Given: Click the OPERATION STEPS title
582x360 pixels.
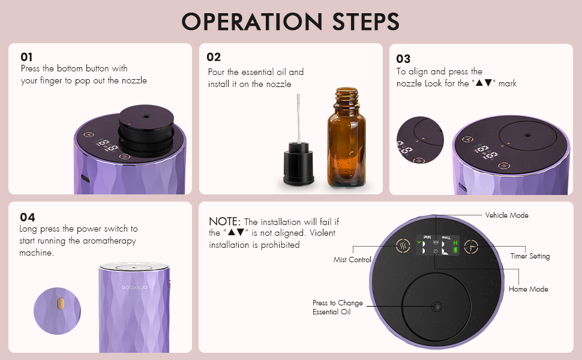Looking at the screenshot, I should point(291,21).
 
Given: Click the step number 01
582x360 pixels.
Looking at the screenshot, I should point(27,57).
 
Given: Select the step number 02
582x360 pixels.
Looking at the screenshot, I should point(214,57).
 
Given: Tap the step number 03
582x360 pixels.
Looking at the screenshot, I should point(403,59).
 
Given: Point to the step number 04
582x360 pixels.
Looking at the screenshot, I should point(27,217).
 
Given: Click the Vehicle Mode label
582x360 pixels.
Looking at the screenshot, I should point(506,215).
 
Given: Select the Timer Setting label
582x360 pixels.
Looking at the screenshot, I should point(530,256).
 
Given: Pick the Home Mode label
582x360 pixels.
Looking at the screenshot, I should point(528,289).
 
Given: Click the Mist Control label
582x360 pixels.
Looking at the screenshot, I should point(352,260).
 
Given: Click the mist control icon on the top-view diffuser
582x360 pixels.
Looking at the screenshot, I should point(403,246).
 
